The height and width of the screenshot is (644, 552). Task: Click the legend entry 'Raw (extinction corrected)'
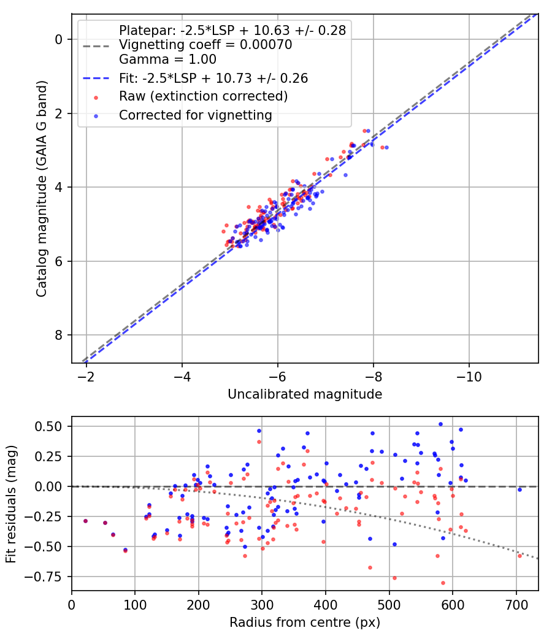pos(203,96)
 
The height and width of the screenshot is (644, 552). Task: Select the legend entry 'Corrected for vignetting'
pos(195,115)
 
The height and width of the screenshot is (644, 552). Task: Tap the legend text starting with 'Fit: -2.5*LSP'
pos(213,78)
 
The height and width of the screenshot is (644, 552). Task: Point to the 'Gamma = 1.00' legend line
pos(167,59)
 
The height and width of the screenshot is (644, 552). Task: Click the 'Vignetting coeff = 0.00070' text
pos(205,45)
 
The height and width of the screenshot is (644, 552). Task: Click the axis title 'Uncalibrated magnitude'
pos(305,394)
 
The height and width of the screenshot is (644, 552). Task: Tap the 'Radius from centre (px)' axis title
pos(305,623)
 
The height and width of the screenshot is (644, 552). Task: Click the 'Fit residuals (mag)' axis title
pos(11,504)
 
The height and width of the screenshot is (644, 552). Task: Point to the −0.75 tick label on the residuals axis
pos(47,577)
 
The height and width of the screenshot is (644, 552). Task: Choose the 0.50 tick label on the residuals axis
pos(50,426)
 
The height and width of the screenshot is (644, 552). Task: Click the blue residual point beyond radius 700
pos(519,489)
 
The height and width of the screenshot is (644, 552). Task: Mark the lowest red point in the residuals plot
pos(443,583)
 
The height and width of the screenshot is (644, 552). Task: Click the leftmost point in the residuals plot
pos(85,521)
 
